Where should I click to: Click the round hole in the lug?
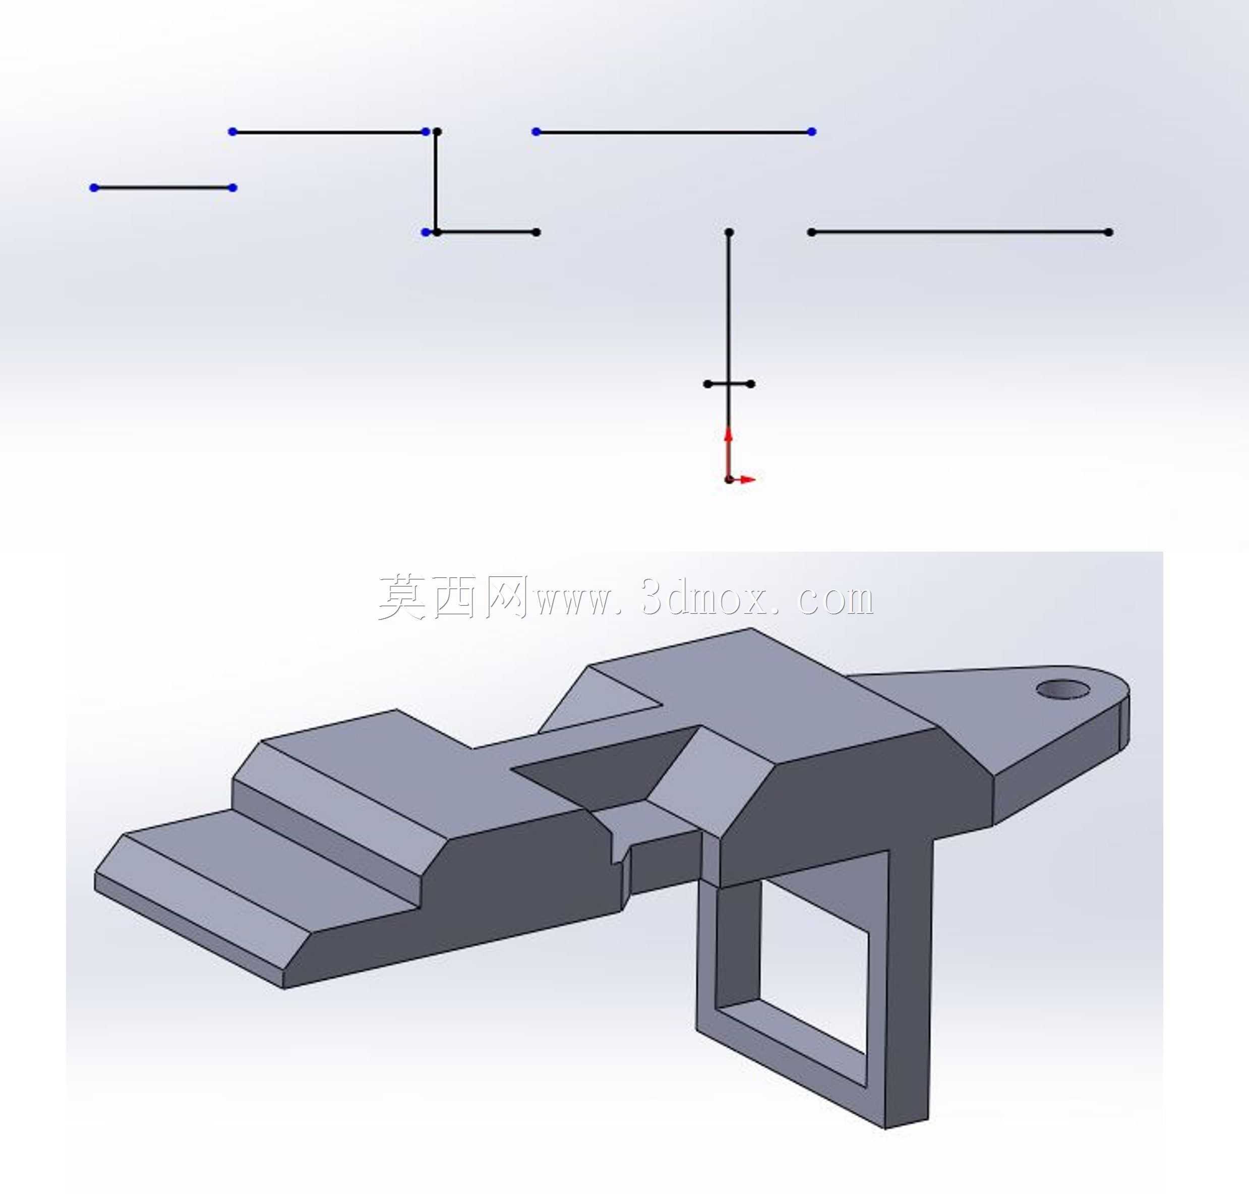click(x=1062, y=688)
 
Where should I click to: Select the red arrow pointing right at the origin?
click(x=742, y=479)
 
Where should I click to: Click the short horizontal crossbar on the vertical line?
click(x=729, y=384)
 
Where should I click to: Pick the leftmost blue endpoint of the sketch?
click(x=94, y=188)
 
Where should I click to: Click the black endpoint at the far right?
click(x=1109, y=232)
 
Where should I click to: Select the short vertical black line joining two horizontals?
click(x=436, y=182)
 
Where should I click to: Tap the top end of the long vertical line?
click(x=729, y=232)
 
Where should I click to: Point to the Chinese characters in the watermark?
click(x=453, y=596)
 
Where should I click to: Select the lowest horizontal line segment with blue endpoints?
click(x=163, y=188)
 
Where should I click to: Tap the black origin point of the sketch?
click(x=729, y=479)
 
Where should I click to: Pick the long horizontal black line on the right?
click(x=960, y=232)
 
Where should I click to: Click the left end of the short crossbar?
click(x=707, y=384)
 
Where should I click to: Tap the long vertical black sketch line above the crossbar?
click(x=729, y=308)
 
